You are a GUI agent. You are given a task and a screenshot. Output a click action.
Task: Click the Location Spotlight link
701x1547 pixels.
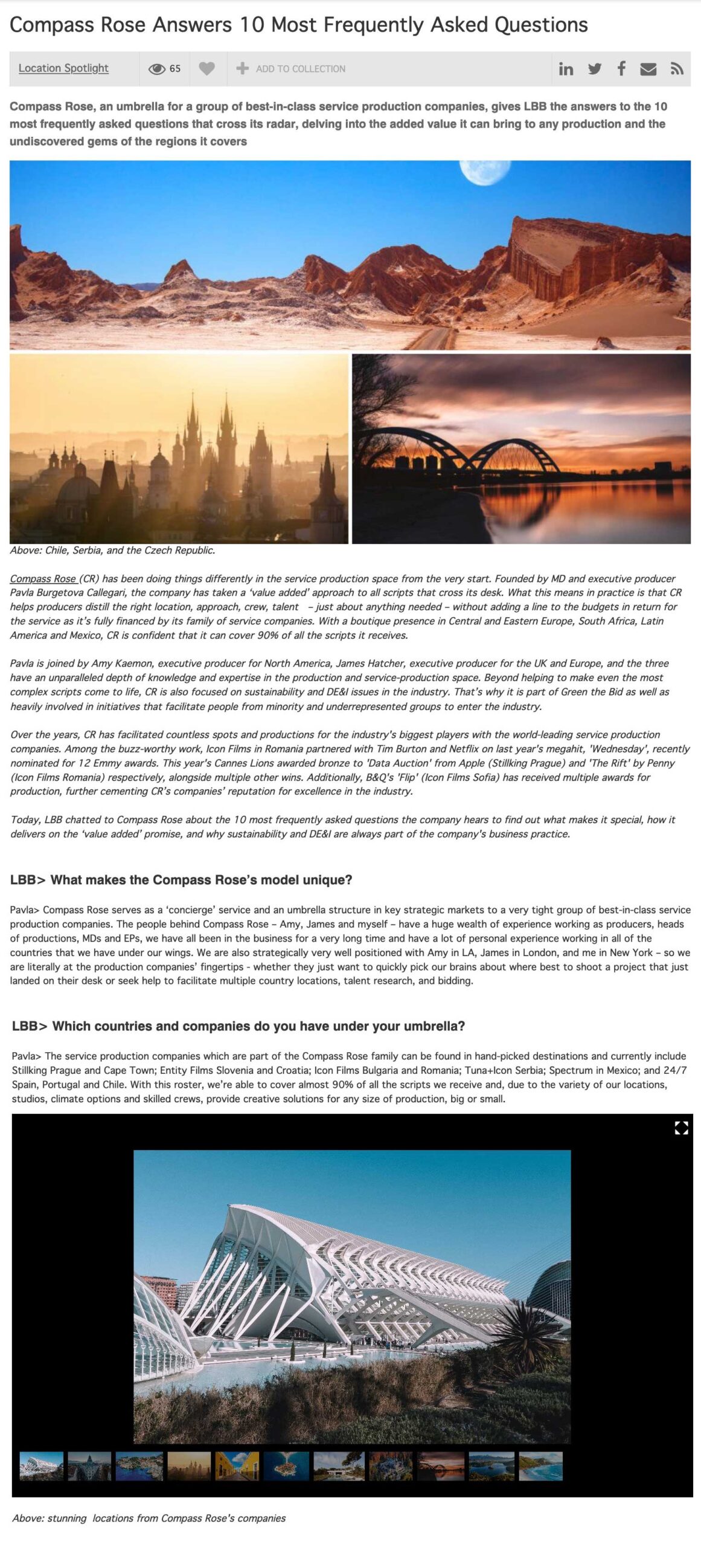pos(63,68)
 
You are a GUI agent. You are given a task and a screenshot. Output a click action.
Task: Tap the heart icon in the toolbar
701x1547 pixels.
pos(207,69)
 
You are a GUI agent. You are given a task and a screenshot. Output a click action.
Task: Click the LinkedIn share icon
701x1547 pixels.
pos(566,69)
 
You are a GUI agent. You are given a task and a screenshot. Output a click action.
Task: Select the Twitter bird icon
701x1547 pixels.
pos(595,69)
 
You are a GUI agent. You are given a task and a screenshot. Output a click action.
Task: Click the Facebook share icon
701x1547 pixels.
pos(621,68)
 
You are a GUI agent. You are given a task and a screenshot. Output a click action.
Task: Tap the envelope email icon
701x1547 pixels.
pos(648,69)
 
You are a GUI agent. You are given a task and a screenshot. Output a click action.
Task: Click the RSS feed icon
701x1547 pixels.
pos(677,69)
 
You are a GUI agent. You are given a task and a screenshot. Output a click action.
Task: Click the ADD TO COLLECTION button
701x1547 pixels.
pos(291,69)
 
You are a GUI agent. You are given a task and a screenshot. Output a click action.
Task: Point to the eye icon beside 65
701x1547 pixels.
pos(156,69)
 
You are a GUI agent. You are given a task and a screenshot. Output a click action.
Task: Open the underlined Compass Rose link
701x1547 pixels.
pos(43,578)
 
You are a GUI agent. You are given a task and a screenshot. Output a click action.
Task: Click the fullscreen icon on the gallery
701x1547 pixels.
pos(681,1128)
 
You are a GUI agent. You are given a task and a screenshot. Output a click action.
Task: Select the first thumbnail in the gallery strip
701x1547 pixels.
pos(42,1466)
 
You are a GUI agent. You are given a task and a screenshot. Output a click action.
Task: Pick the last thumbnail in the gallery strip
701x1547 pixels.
pos(540,1466)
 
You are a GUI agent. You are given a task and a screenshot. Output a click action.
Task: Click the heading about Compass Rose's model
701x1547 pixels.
pos(181,880)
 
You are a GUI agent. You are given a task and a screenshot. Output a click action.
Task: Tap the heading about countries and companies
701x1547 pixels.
pos(238,1026)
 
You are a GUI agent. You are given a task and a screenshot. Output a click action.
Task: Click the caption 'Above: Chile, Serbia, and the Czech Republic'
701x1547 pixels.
pos(112,551)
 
